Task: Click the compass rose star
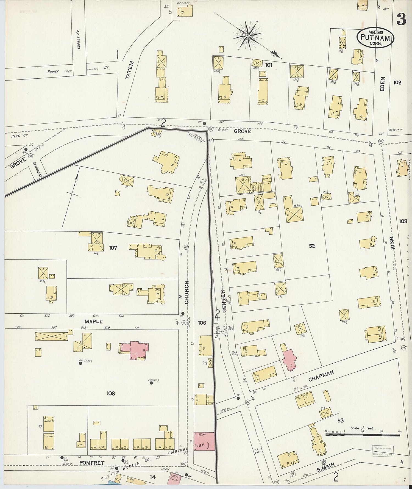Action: coord(247,35)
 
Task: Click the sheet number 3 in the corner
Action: coord(401,19)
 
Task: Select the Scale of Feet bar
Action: coord(363,435)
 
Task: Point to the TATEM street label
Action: coord(130,70)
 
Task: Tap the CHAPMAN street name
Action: coord(321,376)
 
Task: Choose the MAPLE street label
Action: coord(94,321)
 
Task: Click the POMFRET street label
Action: coord(92,463)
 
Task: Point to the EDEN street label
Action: coord(383,84)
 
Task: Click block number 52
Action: coord(311,246)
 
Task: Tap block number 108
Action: coord(111,393)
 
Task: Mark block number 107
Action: coord(113,248)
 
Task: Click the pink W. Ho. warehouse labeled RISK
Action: coord(204,441)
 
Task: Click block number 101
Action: coord(268,65)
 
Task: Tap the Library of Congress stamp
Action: coord(383,451)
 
